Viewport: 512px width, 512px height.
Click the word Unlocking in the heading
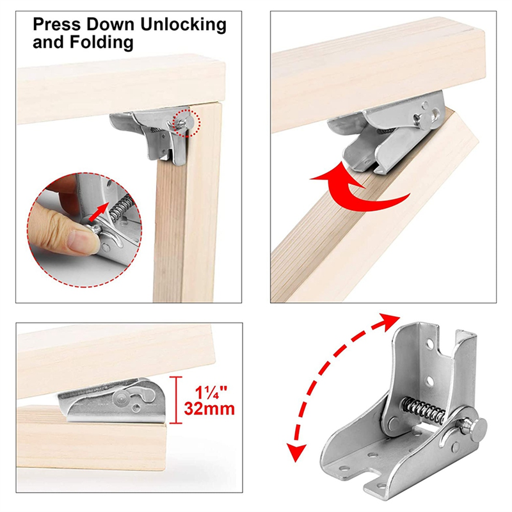click(x=181, y=26)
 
